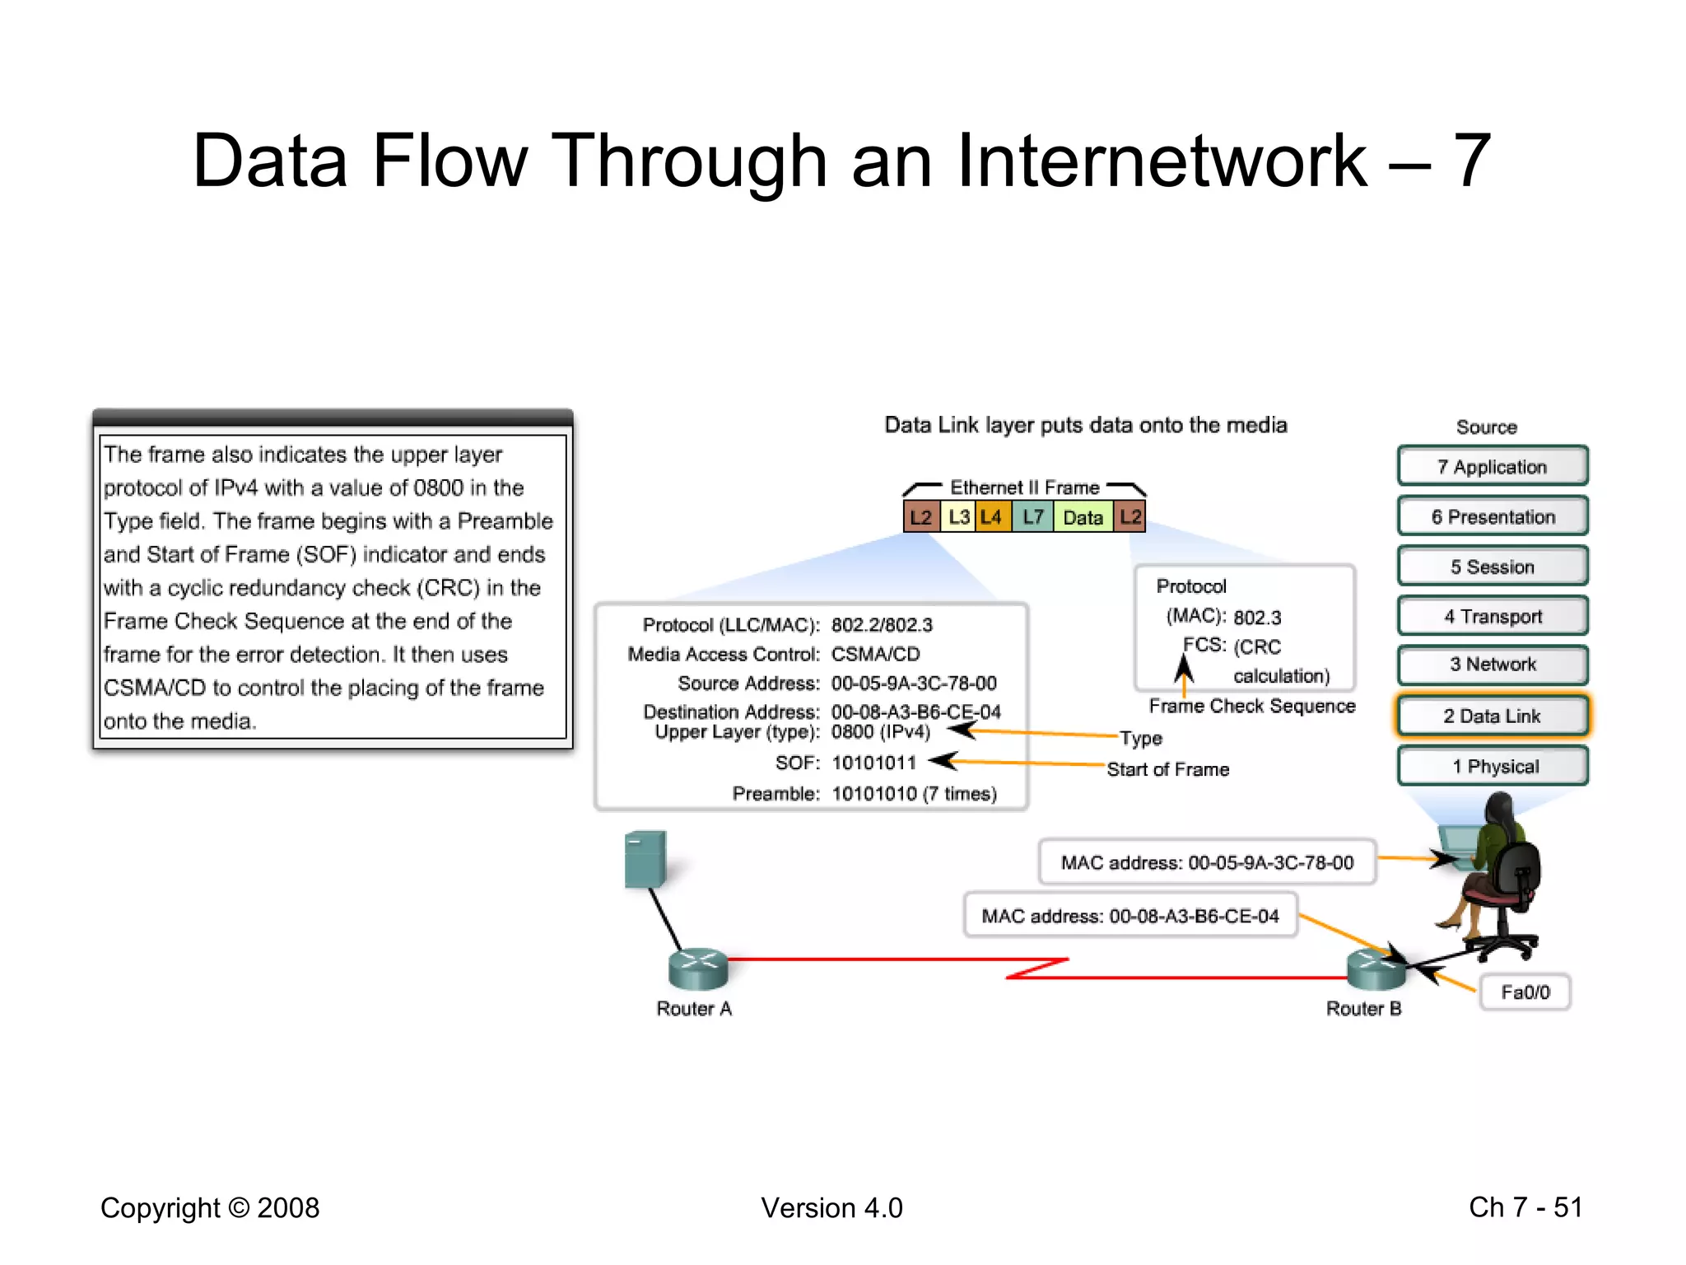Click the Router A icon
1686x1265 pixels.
point(698,969)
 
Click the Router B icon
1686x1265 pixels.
point(1375,970)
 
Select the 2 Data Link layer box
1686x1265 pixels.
point(1492,716)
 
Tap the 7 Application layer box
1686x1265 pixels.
point(1492,467)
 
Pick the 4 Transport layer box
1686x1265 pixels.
point(1492,616)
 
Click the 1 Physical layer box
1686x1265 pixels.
point(1492,766)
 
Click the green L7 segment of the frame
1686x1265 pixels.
point(1032,517)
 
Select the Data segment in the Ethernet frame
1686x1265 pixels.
point(1083,517)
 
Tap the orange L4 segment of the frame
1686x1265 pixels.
point(992,517)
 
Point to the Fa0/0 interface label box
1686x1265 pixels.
point(1525,992)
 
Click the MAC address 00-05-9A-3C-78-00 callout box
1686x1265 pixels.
point(1207,862)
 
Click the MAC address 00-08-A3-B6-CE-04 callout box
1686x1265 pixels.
point(1130,916)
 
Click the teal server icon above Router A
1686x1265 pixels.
point(645,859)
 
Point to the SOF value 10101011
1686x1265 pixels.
point(873,763)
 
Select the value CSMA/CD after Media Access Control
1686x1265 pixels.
point(875,654)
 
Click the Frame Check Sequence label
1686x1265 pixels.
point(1251,706)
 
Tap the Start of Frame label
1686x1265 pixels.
point(1167,769)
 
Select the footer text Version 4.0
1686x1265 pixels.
point(831,1207)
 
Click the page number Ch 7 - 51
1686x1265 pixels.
point(1525,1207)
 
